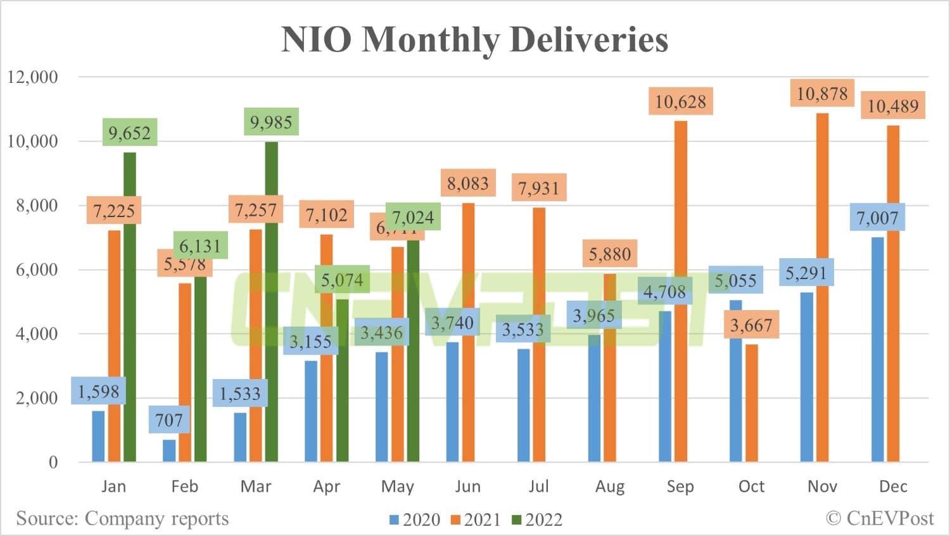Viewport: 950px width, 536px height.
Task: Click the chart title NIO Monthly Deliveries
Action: click(474, 39)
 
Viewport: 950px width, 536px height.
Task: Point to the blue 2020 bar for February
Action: click(169, 450)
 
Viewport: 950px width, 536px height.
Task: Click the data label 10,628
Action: click(680, 101)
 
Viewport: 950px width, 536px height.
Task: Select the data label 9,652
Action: click(129, 133)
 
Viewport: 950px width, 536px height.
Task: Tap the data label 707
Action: click(168, 420)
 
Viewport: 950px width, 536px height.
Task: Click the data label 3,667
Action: click(751, 325)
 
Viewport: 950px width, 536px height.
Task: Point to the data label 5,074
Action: click(342, 280)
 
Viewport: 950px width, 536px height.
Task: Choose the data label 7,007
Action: click(877, 218)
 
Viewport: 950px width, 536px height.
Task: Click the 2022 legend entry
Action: click(537, 520)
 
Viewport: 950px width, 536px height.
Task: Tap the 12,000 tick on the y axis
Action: click(32, 77)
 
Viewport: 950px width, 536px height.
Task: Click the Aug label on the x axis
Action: click(609, 486)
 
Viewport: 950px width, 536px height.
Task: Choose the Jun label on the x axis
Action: click(467, 486)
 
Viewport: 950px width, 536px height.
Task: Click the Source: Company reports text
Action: click(122, 518)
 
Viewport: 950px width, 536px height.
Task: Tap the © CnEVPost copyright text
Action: click(880, 518)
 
